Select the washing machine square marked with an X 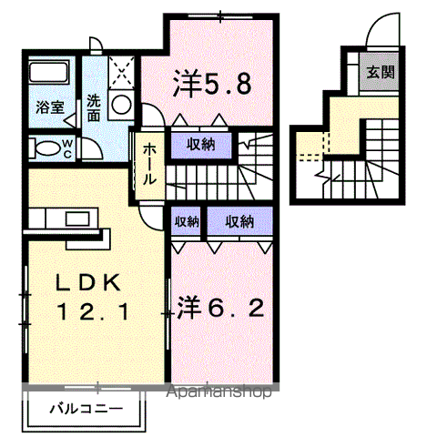coord(121,72)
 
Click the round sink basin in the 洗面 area coord(121,105)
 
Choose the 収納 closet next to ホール coord(202,143)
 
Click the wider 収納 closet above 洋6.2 coord(240,221)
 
